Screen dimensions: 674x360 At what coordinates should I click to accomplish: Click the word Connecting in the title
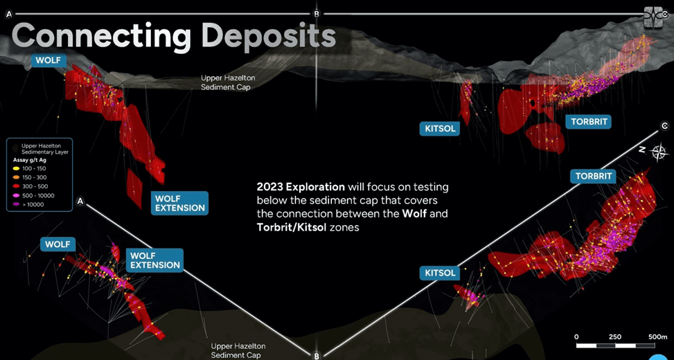pos(100,37)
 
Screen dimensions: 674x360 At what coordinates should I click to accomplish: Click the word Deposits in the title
pos(268,37)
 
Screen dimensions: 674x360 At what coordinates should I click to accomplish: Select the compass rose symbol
pos(658,152)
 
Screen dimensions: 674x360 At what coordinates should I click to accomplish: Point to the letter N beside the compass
pos(641,150)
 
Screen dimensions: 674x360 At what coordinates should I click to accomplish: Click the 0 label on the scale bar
pos(576,336)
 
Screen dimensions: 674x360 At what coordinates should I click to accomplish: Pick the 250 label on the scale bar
pos(615,336)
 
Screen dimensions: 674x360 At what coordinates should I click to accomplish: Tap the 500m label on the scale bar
pos(657,336)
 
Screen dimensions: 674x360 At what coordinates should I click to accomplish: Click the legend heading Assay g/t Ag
pos(30,160)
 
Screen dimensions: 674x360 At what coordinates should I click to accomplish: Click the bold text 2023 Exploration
pos(301,188)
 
